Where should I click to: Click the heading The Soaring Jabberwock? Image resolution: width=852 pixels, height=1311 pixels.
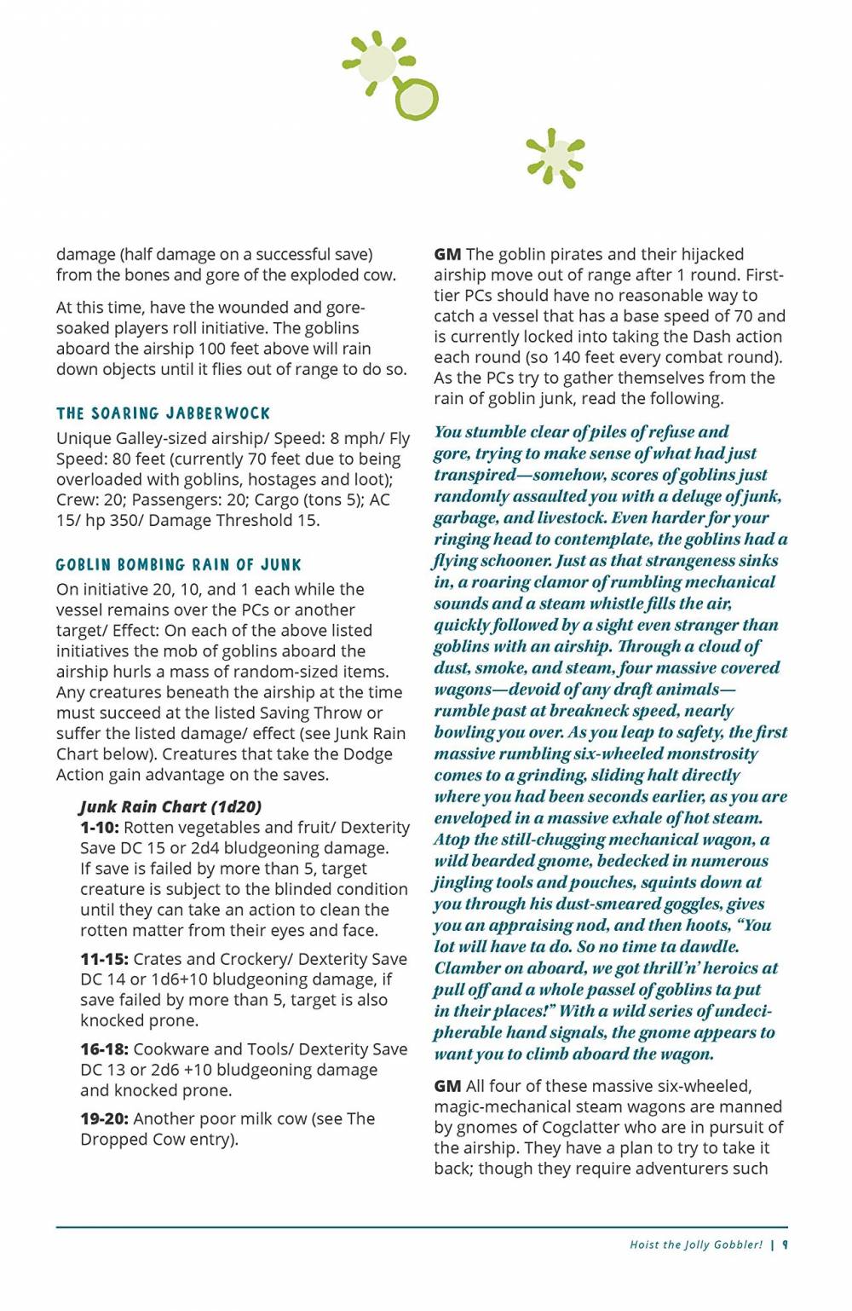tap(163, 413)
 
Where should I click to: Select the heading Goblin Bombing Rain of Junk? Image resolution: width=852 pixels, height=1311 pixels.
tap(178, 564)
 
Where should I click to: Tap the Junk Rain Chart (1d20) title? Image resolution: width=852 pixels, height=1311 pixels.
tap(170, 806)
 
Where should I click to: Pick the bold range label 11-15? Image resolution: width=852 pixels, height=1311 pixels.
tap(104, 959)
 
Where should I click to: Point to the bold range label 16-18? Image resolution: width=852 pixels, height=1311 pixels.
tap(104, 1049)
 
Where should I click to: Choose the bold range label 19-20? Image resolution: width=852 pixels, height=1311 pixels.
tap(104, 1118)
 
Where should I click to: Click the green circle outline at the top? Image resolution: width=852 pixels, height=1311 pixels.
tap(416, 100)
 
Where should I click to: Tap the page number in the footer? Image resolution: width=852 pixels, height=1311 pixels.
tap(785, 1245)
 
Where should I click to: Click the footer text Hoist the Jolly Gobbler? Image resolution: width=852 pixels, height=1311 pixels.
tap(695, 1245)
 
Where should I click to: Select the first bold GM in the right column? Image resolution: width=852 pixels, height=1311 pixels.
tap(447, 254)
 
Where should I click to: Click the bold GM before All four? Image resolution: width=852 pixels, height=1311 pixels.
tap(447, 1086)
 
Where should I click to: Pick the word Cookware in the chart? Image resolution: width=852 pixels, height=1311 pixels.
tap(169, 1049)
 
